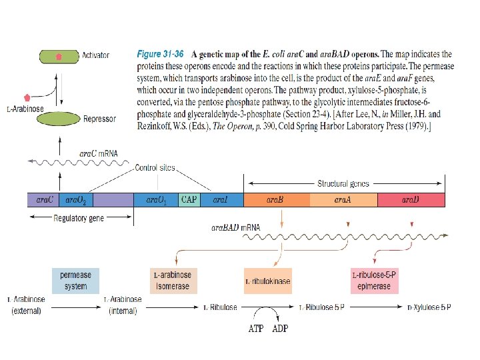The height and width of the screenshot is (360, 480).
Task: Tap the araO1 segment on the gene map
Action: (155, 199)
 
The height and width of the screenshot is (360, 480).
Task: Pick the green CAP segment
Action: (189, 199)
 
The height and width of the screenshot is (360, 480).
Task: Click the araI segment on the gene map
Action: (221, 199)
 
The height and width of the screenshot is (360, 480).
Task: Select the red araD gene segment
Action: (411, 199)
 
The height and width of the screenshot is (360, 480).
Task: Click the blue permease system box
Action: (75, 280)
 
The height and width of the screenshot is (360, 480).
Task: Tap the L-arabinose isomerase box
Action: (173, 281)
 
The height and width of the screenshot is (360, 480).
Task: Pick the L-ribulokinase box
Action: (268, 281)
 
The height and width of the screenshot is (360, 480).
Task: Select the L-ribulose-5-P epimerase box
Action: (374, 281)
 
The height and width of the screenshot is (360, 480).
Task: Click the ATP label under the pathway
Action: (256, 328)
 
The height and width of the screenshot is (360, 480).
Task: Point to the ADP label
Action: (279, 328)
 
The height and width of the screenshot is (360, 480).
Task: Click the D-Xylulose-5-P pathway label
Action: (429, 307)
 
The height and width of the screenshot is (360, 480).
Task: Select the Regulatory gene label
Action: (79, 218)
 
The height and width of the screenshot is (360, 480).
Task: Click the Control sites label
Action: (155, 167)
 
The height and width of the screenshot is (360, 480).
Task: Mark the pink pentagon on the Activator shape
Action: (59, 57)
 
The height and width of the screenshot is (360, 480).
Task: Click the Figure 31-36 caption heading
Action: (160, 53)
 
